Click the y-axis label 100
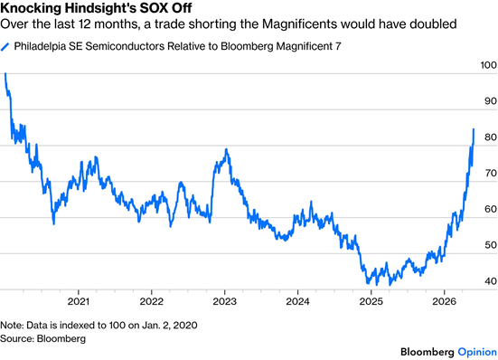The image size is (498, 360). point(488,65)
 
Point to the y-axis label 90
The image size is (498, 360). point(491,101)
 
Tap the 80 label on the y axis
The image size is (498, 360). point(491,137)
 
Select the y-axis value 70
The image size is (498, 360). point(491,173)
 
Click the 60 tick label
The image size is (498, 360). point(491,209)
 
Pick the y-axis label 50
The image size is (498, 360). point(491,245)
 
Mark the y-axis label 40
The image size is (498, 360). point(491,281)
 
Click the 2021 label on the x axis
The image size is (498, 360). point(78,301)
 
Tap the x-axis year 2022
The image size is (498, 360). point(152,301)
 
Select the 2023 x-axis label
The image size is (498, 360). point(224,301)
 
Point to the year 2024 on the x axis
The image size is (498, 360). point(297,301)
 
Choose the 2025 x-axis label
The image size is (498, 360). point(371,301)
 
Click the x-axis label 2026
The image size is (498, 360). point(444,301)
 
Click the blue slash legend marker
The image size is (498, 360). point(5,47)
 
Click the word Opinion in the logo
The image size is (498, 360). point(477,352)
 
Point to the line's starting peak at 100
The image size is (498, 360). point(5,74)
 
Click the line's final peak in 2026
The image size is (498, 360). point(474,129)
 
